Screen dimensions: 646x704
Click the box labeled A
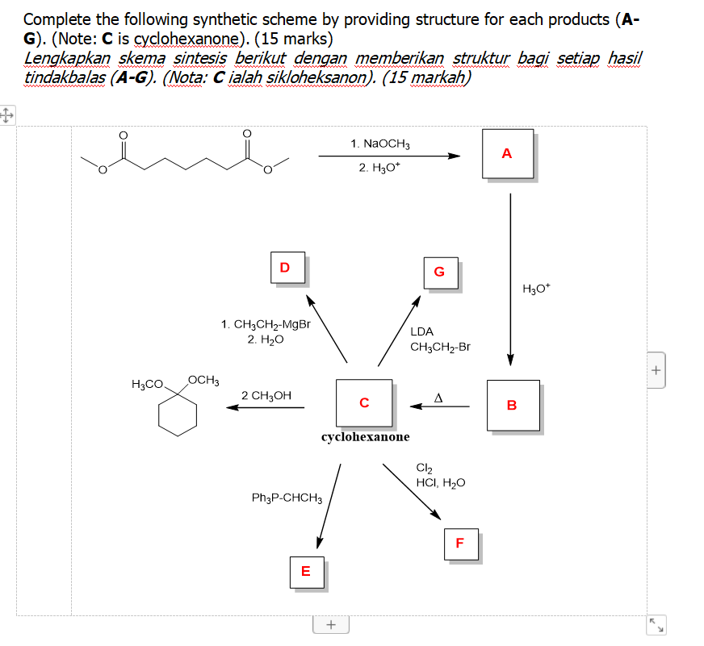coord(507,152)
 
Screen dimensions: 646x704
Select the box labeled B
coord(512,405)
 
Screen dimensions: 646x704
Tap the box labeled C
coord(364,402)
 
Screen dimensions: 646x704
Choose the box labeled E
coord(305,571)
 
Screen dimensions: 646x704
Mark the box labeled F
coord(460,544)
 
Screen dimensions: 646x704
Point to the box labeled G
coord(440,272)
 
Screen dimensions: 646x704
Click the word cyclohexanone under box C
coord(365,436)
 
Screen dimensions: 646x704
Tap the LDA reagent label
coord(421,331)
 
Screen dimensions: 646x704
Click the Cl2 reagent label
coord(424,469)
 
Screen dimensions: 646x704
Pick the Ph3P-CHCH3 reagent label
coord(287,498)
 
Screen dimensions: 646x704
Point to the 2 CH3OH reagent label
coord(266,395)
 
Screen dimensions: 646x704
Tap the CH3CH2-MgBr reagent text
coord(266,325)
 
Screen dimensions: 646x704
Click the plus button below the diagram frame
coord(330,624)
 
